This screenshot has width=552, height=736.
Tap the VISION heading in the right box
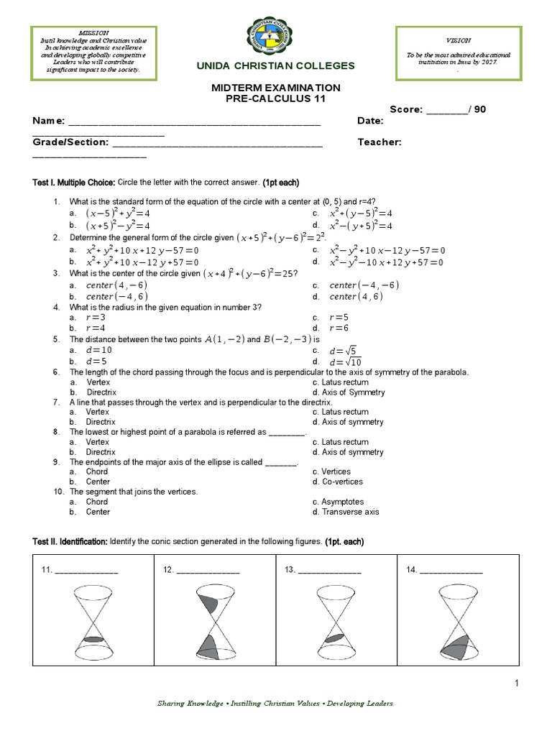(459, 41)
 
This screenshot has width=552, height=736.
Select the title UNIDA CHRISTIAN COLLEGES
(276, 66)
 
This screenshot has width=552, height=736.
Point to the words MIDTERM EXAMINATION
(276, 88)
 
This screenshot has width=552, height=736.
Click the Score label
(407, 109)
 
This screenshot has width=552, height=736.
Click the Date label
(370, 121)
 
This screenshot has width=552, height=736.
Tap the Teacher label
(379, 142)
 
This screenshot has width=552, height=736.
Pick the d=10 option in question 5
(98, 350)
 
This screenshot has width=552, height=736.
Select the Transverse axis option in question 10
(350, 512)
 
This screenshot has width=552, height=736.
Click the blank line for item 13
(329, 571)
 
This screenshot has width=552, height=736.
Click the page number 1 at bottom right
(516, 683)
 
